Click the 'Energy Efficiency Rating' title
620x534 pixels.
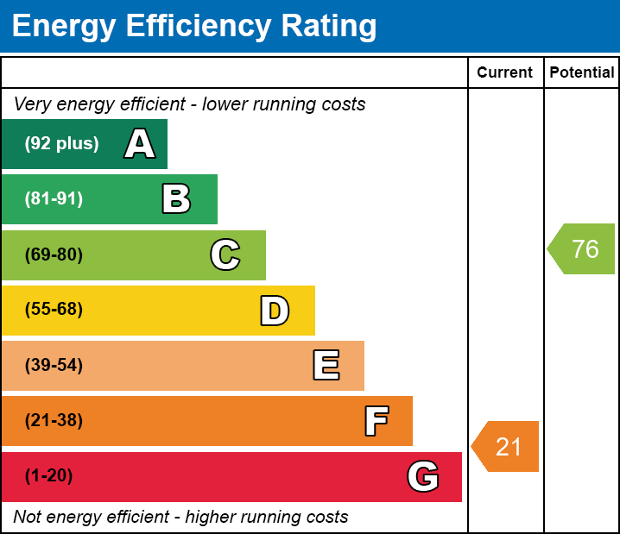click(193, 27)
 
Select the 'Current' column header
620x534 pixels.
click(505, 73)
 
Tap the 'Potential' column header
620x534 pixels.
click(582, 73)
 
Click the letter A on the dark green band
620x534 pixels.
click(140, 144)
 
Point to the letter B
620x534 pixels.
click(176, 199)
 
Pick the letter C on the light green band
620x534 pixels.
click(225, 255)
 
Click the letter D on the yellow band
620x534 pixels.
click(275, 311)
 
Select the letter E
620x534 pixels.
click(326, 366)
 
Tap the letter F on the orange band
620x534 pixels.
click(376, 421)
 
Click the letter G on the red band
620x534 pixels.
click(423, 476)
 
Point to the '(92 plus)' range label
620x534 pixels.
click(61, 144)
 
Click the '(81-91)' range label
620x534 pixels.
click(54, 199)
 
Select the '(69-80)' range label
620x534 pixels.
click(54, 255)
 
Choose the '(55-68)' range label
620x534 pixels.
click(54, 310)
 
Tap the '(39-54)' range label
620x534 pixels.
click(54, 366)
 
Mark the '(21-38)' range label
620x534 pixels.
click(54, 421)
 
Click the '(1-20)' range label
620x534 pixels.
click(49, 476)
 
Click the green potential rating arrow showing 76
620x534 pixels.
click(582, 249)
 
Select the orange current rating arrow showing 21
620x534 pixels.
click(506, 447)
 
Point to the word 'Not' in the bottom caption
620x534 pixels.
click(28, 518)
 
